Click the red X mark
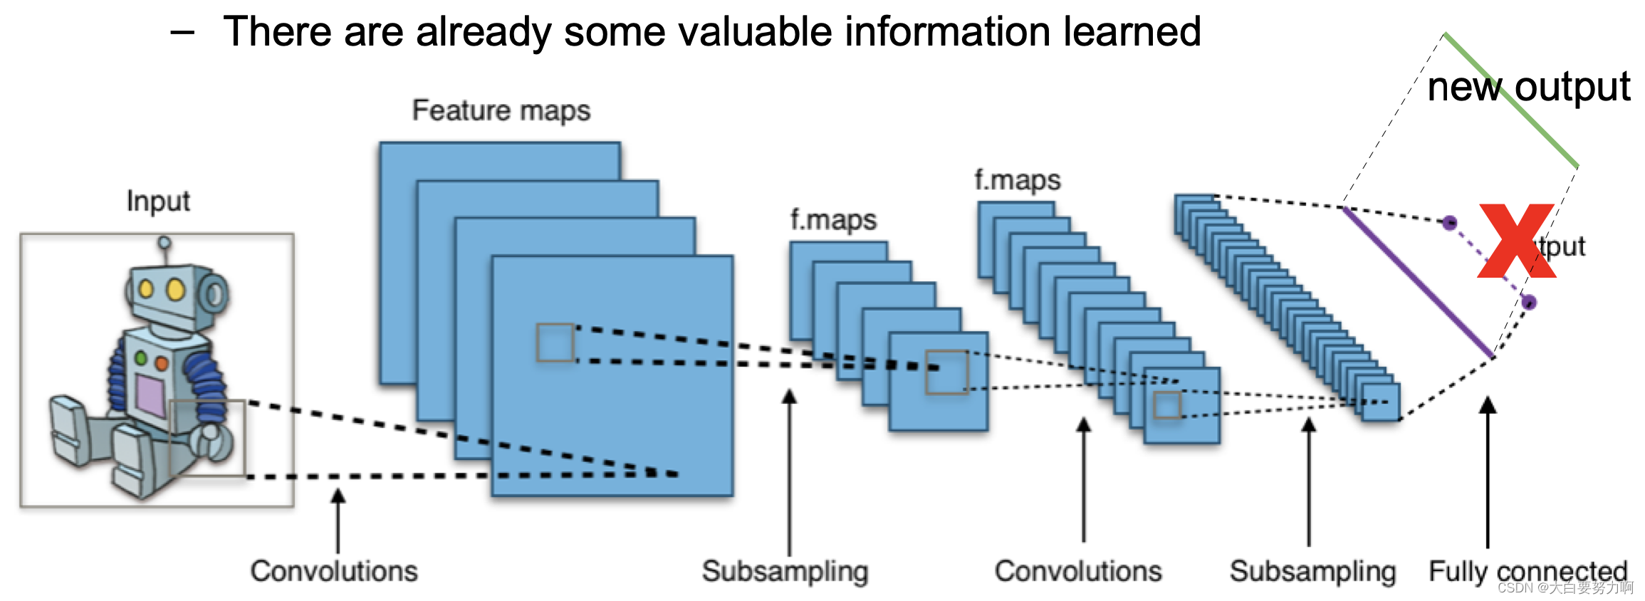click(1516, 241)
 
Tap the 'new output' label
click(1528, 87)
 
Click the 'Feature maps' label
click(501, 110)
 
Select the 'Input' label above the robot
click(158, 202)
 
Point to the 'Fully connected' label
click(1527, 571)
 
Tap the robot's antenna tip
click(164, 243)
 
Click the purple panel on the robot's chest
click(150, 395)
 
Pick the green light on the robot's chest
click(141, 358)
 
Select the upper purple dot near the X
click(1450, 223)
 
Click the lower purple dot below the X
click(1528, 303)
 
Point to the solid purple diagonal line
click(1417, 281)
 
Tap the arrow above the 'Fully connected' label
click(1488, 470)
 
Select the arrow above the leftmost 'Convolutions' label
click(338, 520)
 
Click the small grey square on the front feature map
click(555, 343)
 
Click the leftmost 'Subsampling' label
click(785, 571)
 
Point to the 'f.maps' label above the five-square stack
click(833, 220)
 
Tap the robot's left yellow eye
click(147, 289)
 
